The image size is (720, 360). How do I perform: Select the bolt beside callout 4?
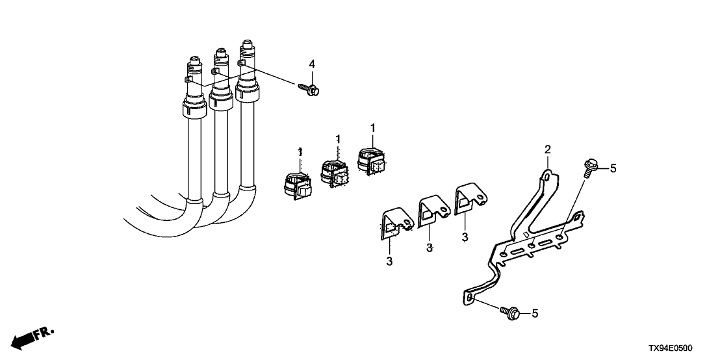pyautogui.click(x=309, y=89)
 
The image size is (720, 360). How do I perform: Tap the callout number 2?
pyautogui.click(x=548, y=150)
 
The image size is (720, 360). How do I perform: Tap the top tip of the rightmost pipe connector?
pyautogui.click(x=246, y=43)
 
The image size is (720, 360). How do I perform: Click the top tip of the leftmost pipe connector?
pyautogui.click(x=192, y=59)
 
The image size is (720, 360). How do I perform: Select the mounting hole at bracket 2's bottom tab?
pyautogui.click(x=469, y=298)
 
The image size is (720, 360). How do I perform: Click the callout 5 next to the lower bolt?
pyautogui.click(x=535, y=313)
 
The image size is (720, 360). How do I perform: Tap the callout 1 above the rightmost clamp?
pyautogui.click(x=373, y=127)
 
